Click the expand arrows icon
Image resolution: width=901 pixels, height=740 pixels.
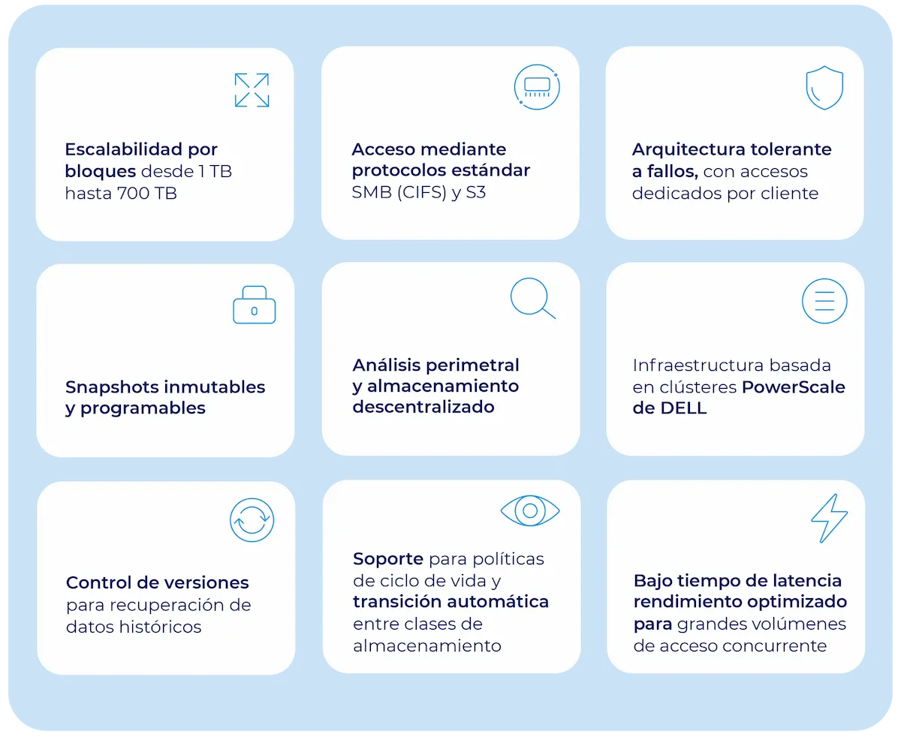coord(252,90)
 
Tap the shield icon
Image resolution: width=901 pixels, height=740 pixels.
coord(824,88)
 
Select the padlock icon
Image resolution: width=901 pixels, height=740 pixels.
coord(255,305)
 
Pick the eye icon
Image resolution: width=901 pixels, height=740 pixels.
coord(530,511)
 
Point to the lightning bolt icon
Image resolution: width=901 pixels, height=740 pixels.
coord(829,518)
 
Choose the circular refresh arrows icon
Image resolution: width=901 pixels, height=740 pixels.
coord(252,520)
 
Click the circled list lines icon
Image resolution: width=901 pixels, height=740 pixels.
coord(824,302)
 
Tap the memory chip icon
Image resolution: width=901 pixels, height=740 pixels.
coord(537,87)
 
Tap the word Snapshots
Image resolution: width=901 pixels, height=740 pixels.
coord(112,387)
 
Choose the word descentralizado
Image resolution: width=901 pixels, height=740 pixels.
coord(423,407)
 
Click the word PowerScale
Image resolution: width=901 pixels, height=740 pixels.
coord(794,387)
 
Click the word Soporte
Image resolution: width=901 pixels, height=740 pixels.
coord(388,559)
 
